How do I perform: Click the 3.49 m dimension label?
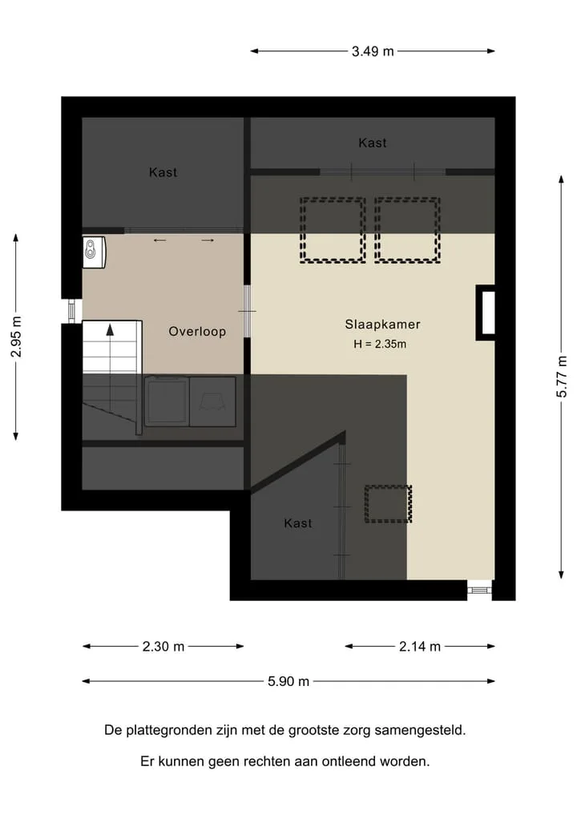pos(373,51)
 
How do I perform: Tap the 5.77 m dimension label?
pos(562,377)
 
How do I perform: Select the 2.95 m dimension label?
pos(16,337)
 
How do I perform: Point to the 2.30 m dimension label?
pos(163,647)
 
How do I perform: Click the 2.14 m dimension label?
pos(419,647)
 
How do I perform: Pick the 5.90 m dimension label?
pos(288,681)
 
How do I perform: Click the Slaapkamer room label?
pos(382,325)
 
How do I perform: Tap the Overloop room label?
pos(197,332)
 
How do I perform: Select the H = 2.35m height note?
pos(380,344)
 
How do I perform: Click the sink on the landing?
pos(94,252)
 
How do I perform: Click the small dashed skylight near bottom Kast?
pos(388,503)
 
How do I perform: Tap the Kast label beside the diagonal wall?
pos(298,523)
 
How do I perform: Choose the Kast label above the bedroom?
pos(372,143)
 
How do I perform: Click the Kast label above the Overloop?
pos(163,172)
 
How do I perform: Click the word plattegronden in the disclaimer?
pos(171,731)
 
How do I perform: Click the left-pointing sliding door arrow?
pos(159,240)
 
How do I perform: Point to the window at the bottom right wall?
pos(479,590)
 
